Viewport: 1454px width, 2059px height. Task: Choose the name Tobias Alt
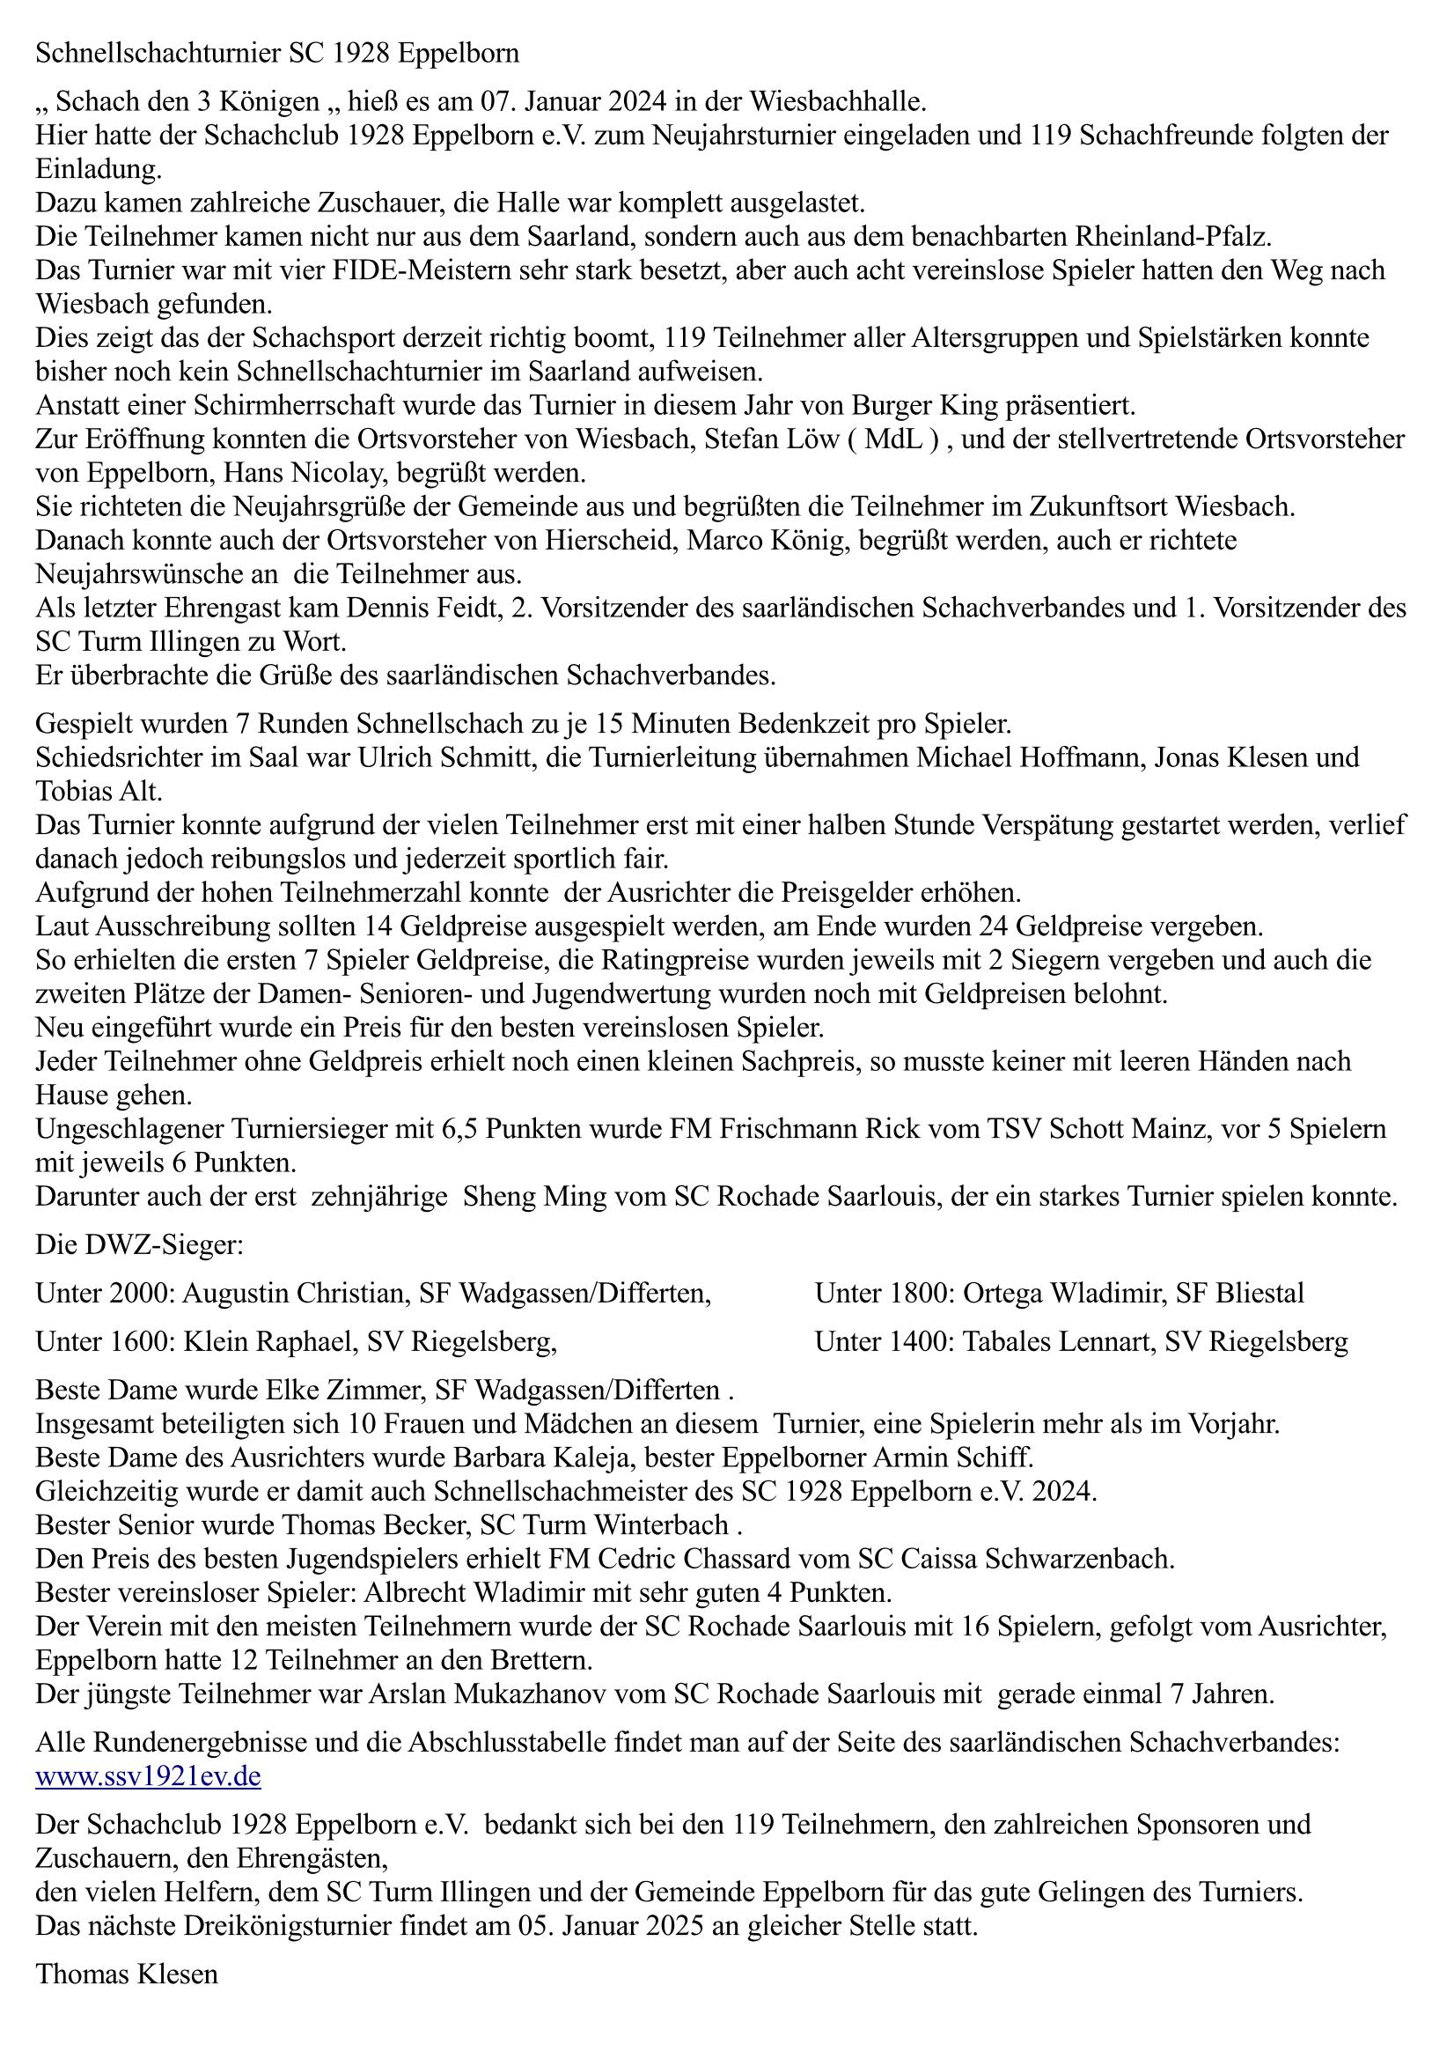99,792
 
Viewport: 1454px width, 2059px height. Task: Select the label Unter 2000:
106,1293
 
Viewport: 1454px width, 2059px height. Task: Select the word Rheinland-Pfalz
1165,238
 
